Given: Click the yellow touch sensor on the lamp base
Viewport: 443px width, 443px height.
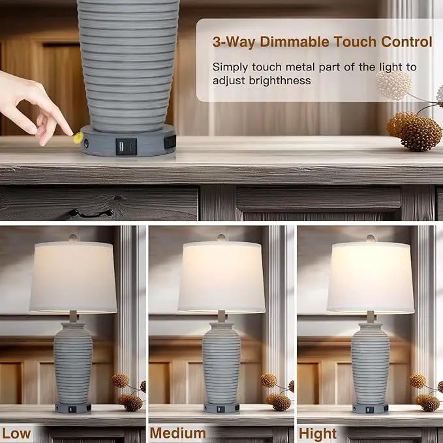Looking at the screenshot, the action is coord(78,138).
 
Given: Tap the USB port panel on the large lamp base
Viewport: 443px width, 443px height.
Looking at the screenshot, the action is coord(127,147).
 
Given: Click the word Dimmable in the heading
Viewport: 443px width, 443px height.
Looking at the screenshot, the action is coord(294,42).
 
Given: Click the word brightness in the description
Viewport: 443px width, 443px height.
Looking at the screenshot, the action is coord(280,81).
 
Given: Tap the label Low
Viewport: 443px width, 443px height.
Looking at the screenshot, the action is coord(16,434).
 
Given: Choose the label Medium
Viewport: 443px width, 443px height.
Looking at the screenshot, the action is coord(177,433).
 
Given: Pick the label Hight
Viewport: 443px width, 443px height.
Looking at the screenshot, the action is coord(318,434).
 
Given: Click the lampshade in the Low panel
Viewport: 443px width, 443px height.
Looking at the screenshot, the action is coord(73,277).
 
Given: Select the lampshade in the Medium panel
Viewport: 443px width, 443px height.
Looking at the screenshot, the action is coord(222,277).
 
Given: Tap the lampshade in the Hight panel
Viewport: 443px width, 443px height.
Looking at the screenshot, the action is coord(370,277).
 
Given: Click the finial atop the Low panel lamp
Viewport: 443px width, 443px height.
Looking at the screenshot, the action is coord(73,238).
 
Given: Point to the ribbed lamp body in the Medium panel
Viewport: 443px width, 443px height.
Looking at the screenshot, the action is coord(221,363).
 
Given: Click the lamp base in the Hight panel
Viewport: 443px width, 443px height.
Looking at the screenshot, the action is coord(370,408).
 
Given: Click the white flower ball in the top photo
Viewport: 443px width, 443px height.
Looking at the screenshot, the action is coord(393,85).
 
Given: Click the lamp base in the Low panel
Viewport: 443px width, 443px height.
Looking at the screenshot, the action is coord(73,408).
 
